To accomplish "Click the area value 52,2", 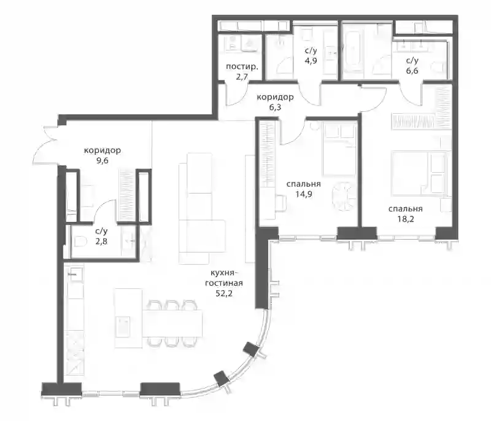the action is pyautogui.click(x=224, y=294).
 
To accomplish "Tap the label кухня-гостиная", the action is pyautogui.click(x=224, y=277).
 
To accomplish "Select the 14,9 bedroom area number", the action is pyautogui.click(x=303, y=194).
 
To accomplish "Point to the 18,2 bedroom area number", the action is pyautogui.click(x=406, y=219).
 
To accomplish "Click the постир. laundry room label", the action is pyautogui.click(x=242, y=66).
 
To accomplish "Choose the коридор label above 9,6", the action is pyautogui.click(x=102, y=151).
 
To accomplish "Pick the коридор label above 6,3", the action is pyautogui.click(x=275, y=97).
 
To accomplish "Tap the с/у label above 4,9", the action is pyautogui.click(x=311, y=50).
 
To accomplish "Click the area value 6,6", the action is pyautogui.click(x=412, y=71).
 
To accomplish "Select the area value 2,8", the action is pyautogui.click(x=101, y=242).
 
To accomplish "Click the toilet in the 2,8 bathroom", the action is pyautogui.click(x=81, y=242).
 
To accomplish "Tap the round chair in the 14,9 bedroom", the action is pyautogui.click(x=344, y=195).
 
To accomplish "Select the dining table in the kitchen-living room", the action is pyautogui.click(x=172, y=323).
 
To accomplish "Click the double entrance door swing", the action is pyautogui.click(x=47, y=145).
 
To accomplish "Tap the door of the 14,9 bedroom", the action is pyautogui.click(x=292, y=131).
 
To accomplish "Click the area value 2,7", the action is pyautogui.click(x=242, y=76).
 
